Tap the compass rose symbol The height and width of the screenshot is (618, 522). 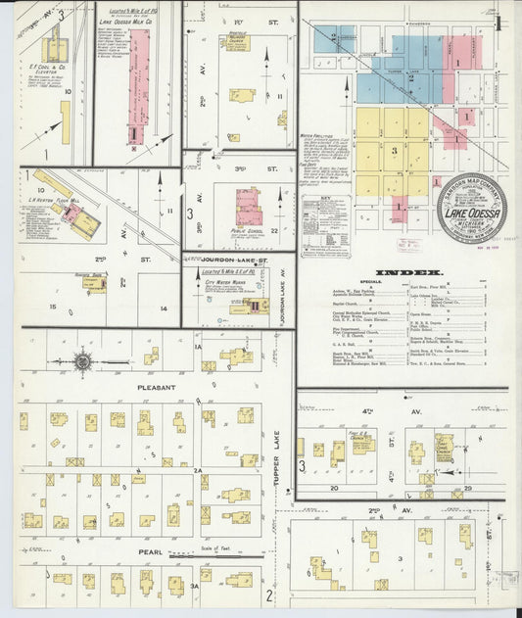coord(82,361)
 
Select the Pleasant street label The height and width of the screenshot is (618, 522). coord(157,388)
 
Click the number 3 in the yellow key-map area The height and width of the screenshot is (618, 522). coord(394,151)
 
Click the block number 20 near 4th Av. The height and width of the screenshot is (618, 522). coord(333,487)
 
